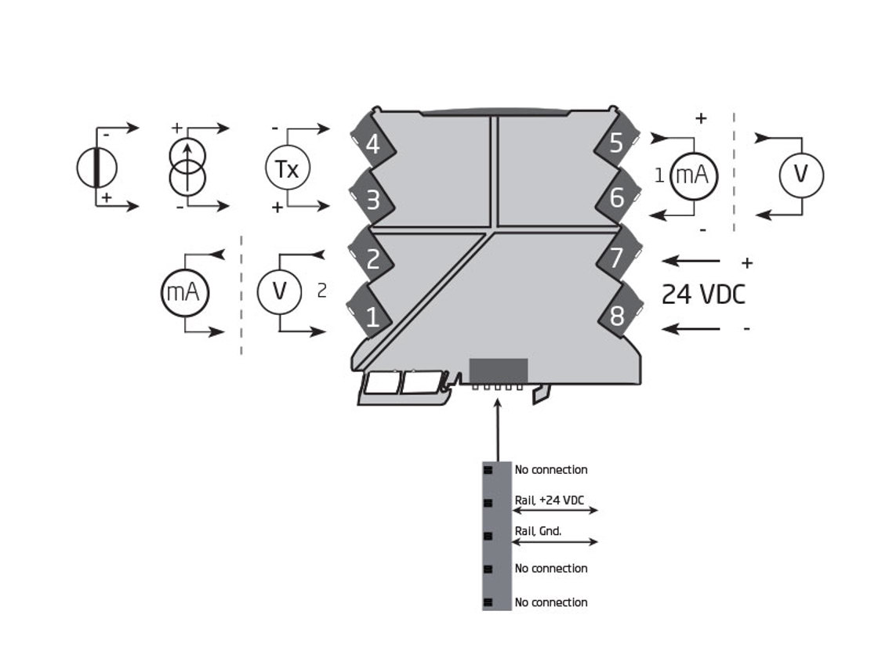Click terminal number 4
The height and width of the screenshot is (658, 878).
(372, 145)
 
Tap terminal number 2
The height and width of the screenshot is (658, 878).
(372, 259)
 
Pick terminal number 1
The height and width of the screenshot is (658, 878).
(372, 317)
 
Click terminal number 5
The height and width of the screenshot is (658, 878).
(616, 143)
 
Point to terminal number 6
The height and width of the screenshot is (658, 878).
(616, 198)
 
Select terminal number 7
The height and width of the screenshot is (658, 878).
(616, 258)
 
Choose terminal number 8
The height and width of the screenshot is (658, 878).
(617, 316)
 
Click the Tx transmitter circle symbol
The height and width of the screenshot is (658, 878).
(288, 169)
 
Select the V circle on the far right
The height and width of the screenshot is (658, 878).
(800, 175)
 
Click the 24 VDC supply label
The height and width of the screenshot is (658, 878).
(703, 295)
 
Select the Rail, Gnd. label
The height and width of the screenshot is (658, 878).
(538, 531)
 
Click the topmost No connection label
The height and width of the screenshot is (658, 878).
(550, 470)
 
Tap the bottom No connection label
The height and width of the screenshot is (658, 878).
(550, 602)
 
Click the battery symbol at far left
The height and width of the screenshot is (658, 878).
(96, 168)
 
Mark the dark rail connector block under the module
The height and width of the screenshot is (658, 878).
(498, 371)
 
